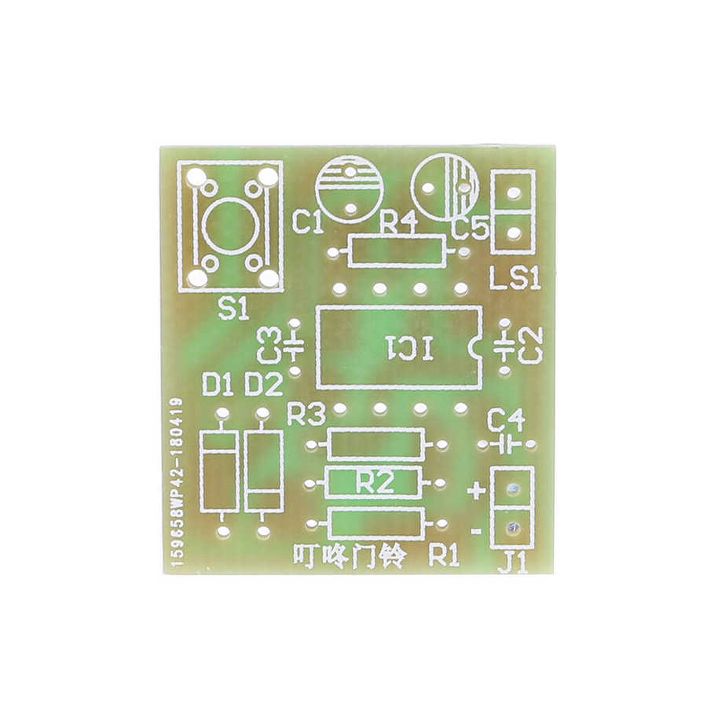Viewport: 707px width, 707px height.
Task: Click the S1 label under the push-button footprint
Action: pos(233,310)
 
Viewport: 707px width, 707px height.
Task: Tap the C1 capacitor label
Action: pos(307,223)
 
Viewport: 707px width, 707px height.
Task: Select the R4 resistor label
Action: pos(398,224)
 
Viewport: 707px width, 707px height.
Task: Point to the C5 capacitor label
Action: pos(470,228)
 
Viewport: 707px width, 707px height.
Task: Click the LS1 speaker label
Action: pos(515,279)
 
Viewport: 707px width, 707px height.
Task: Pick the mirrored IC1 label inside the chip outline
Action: pos(409,348)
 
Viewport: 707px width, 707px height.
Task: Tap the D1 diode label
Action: pos(218,385)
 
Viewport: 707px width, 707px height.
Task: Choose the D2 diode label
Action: pos(264,385)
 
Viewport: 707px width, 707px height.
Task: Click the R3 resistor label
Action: pos(306,415)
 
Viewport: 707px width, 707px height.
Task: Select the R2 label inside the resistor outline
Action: pos(375,482)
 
